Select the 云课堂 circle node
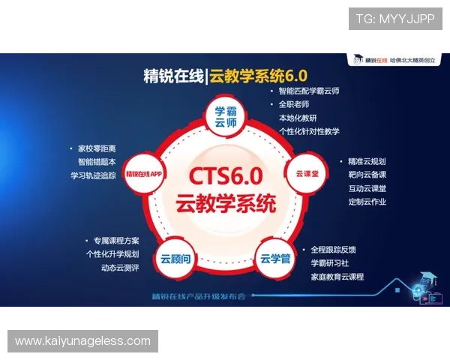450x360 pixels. [303, 172]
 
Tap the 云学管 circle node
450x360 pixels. [275, 259]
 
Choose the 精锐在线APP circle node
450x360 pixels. [145, 173]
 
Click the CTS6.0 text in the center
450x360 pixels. [225, 177]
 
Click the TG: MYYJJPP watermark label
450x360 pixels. [395, 18]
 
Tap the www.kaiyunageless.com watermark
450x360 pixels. [83, 341]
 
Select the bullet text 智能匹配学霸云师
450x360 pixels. [308, 91]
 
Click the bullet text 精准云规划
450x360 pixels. [366, 161]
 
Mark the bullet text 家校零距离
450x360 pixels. [102, 148]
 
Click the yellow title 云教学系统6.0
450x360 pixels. [259, 75]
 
